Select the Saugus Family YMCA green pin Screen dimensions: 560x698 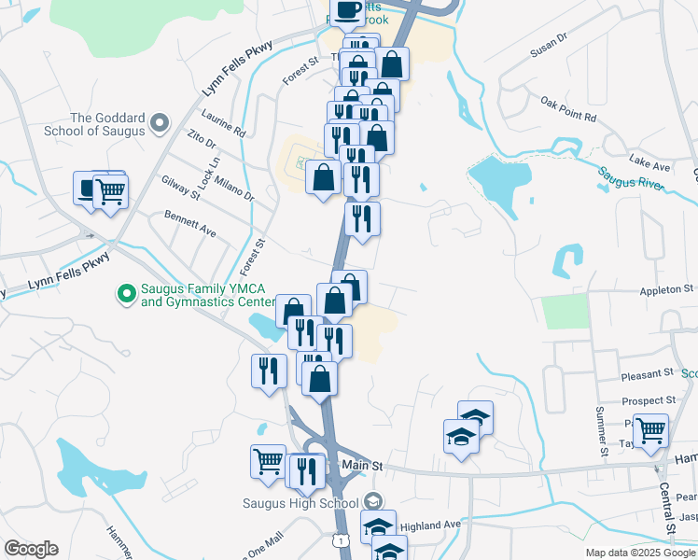(126, 295)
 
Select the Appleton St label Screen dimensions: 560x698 (667, 290)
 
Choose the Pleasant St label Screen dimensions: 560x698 (648, 373)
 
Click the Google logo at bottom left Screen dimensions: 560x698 (31, 549)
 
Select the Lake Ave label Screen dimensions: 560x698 (649, 166)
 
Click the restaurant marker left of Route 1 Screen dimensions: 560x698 (269, 371)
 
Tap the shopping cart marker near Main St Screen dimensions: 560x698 (268, 460)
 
